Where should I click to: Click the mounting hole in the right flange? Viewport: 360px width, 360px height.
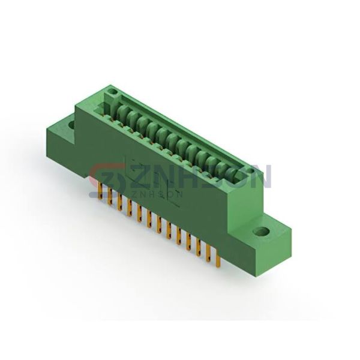(x=261, y=231)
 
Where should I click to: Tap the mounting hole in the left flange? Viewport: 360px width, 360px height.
(x=71, y=125)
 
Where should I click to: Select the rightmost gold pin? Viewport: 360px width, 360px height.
(x=218, y=259)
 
